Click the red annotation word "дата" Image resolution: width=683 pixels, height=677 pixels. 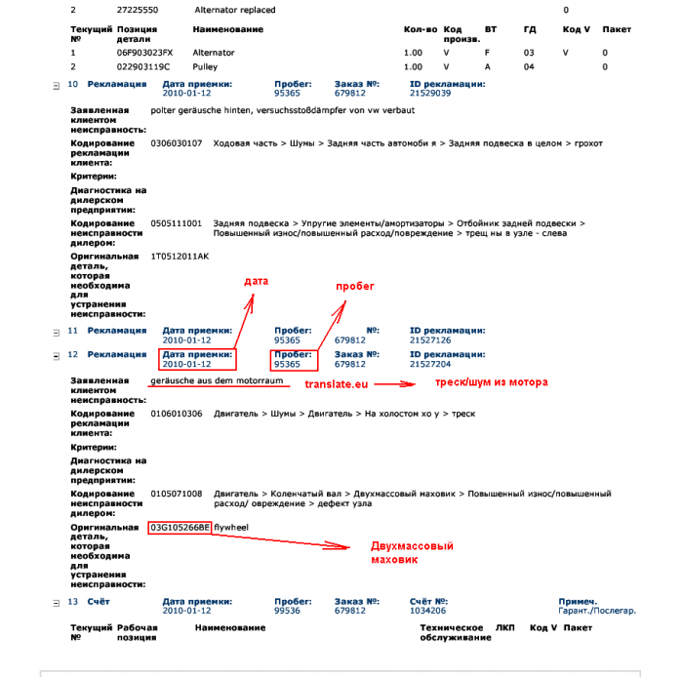[256, 281]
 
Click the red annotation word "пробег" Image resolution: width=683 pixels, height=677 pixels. [355, 287]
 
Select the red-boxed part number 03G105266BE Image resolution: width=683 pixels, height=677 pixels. [180, 527]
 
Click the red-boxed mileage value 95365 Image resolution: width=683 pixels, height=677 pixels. [287, 364]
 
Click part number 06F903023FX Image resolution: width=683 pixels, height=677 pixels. [144, 52]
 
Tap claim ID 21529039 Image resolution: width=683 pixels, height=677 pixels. [430, 94]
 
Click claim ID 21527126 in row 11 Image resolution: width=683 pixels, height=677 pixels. [430, 340]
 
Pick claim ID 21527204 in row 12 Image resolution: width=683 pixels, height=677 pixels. [430, 364]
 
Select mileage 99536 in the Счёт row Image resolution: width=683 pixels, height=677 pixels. [287, 611]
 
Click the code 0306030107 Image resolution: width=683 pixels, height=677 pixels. [177, 143]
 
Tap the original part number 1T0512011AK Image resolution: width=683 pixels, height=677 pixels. [180, 256]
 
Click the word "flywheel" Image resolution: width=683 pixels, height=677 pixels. [232, 527]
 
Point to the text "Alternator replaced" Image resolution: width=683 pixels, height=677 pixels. [235, 10]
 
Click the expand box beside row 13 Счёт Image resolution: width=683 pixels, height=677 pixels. [56, 602]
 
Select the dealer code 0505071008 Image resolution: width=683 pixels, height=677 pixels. [177, 494]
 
